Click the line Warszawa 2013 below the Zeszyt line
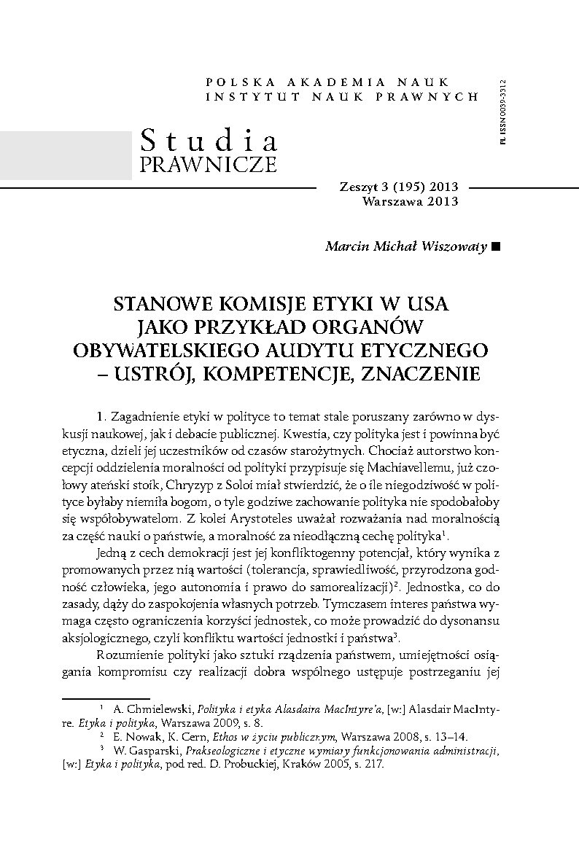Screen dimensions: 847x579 (x=410, y=202)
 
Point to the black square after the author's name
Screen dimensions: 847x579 (x=497, y=246)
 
